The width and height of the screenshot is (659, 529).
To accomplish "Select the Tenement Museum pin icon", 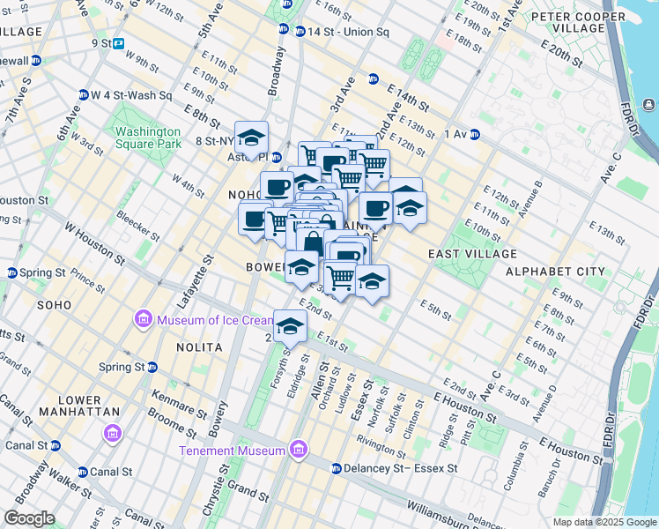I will [x=299, y=451].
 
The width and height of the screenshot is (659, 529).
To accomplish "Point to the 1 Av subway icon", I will [x=474, y=134].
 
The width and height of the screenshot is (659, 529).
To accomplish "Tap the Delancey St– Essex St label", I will [x=400, y=468].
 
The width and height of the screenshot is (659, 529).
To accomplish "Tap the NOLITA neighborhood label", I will [x=199, y=347].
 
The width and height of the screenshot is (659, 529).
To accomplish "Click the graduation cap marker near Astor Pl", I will [x=252, y=138].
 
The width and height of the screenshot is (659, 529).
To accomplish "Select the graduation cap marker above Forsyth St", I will [x=289, y=326].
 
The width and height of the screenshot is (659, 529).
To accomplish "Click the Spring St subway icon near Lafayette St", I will [x=152, y=367].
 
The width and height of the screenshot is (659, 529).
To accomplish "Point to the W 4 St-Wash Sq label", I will [x=130, y=95].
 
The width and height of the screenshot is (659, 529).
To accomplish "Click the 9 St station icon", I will [x=118, y=42].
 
